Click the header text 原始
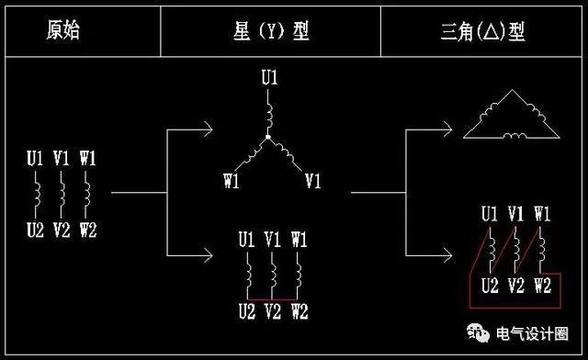63,30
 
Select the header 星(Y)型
271,30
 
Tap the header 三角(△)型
482,32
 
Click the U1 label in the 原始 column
35,157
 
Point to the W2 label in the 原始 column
88,230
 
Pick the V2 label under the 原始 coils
62,230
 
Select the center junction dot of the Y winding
268,138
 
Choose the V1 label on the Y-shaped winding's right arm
312,179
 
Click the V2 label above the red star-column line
273,311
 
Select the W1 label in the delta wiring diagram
541,214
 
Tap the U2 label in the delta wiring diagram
491,286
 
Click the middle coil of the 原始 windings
62,194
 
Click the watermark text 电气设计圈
545,333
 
